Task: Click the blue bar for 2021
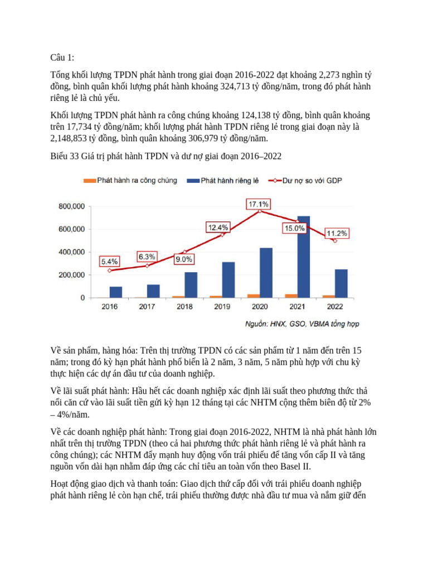304,257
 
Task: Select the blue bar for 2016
116,292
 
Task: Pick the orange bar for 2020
254,296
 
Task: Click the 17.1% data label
259,204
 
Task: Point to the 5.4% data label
109,261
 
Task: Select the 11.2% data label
337,233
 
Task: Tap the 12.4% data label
218,228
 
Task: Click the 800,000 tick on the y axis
71,206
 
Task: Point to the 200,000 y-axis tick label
71,275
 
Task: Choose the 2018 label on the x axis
184,307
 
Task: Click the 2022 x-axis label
335,307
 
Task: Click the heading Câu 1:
62,57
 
